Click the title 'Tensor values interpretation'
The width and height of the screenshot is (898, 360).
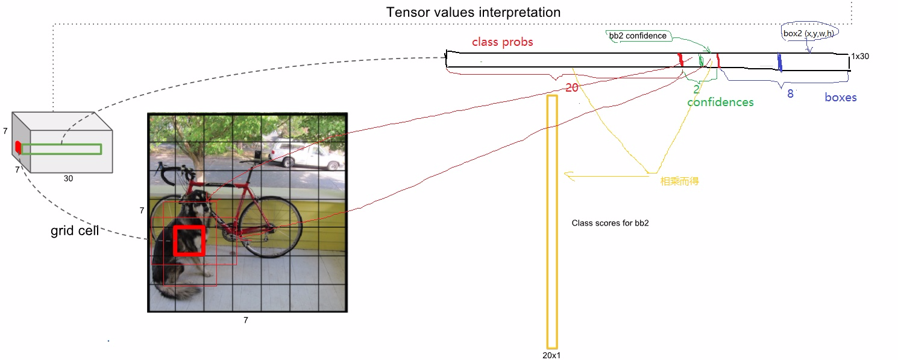[473, 12]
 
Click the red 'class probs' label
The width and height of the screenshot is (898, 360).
[502, 42]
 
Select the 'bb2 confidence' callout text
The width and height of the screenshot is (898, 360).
[638, 36]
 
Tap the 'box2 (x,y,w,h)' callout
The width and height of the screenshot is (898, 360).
[809, 33]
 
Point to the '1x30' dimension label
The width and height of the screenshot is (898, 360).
[860, 56]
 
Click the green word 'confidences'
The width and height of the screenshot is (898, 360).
[720, 103]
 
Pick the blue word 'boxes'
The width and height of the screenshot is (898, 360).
[841, 98]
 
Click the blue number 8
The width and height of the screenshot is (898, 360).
[790, 94]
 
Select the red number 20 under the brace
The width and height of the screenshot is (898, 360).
[572, 87]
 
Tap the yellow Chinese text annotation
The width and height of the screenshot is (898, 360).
[679, 181]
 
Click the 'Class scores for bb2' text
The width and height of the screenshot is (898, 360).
[610, 223]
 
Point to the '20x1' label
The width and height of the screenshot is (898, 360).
[551, 355]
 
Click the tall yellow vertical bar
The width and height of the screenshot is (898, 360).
[552, 222]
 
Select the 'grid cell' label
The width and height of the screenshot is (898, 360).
[75, 230]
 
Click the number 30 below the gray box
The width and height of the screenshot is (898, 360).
[68, 178]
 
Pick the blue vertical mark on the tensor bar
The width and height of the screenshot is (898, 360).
[780, 63]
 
